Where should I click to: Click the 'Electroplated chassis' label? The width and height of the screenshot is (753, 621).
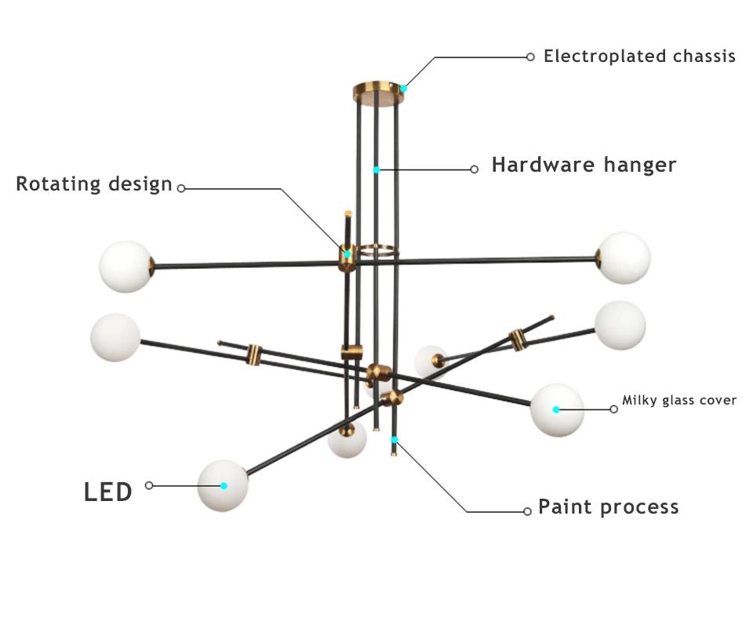point(639,56)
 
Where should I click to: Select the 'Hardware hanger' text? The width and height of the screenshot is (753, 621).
point(584,165)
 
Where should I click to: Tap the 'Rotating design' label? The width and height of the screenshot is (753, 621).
point(94,183)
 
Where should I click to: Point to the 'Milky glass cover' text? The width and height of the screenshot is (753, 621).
point(679,400)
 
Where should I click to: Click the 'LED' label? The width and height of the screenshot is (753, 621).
point(108,492)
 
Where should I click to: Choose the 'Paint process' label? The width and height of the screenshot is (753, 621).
point(609,507)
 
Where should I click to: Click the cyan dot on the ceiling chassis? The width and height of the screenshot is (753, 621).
point(404,89)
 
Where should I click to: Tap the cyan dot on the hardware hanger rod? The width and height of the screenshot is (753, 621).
point(376,170)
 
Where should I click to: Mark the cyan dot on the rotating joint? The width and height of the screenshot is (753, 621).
point(347,254)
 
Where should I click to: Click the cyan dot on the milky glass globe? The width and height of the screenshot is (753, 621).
point(556,409)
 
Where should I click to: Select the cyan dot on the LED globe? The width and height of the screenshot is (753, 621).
point(224,485)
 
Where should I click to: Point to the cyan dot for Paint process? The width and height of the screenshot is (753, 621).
point(395,440)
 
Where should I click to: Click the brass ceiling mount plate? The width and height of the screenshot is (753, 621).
point(378,93)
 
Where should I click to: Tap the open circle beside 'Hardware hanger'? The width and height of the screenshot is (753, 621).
point(474,169)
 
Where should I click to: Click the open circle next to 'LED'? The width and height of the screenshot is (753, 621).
point(149,485)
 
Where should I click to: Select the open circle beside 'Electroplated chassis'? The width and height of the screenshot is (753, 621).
point(530,57)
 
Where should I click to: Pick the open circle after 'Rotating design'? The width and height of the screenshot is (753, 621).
point(181,189)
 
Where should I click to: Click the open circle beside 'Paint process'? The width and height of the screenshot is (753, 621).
point(527,511)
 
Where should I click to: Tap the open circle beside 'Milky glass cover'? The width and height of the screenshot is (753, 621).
point(613,409)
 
